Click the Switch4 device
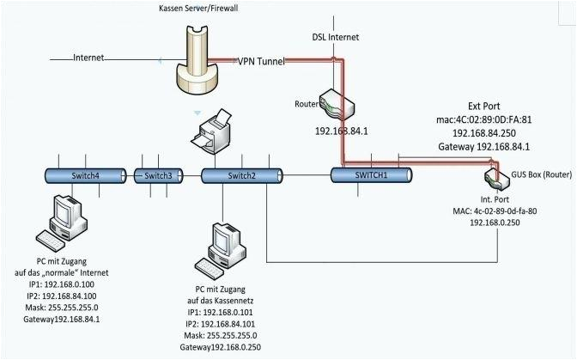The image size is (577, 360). (85, 175)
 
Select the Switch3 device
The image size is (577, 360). (158, 175)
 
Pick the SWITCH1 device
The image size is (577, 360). (371, 174)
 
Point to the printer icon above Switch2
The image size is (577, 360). (212, 129)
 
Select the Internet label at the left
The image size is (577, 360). (89, 58)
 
